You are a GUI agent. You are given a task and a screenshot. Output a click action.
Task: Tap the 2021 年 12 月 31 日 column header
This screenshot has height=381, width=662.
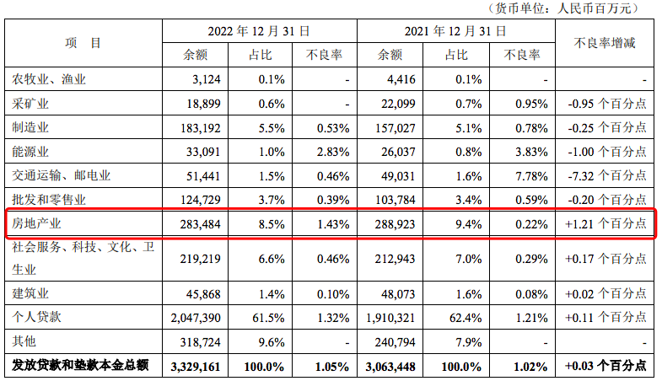455,30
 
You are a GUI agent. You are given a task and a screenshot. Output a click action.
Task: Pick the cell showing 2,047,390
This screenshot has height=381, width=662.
198,318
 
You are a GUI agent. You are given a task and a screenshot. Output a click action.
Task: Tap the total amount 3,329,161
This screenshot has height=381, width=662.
198,367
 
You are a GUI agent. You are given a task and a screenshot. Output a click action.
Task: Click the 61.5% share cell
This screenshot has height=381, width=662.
266,318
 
